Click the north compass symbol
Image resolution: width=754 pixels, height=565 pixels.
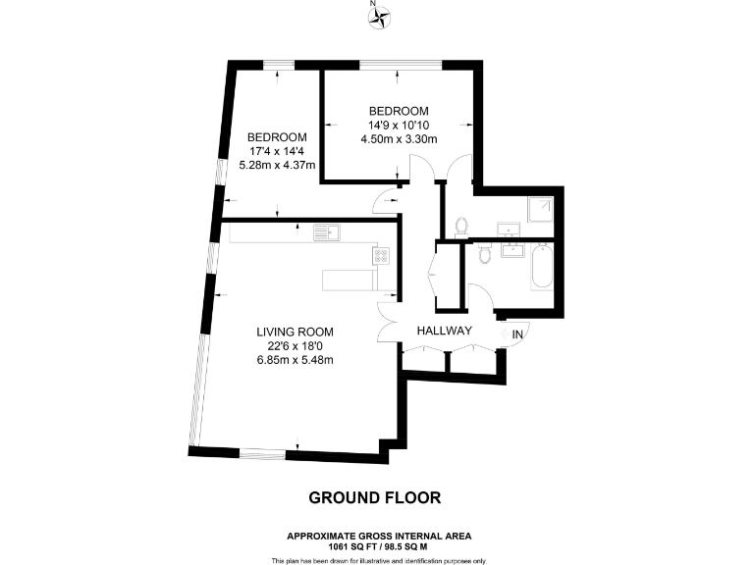tap(377, 15)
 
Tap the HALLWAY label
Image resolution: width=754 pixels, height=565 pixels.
tap(446, 332)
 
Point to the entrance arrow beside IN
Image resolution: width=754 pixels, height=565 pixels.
tap(506, 335)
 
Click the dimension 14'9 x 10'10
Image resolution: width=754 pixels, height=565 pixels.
tap(399, 125)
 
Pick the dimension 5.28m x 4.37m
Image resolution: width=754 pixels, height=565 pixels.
tap(276, 165)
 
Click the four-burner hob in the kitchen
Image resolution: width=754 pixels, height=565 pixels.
tap(381, 255)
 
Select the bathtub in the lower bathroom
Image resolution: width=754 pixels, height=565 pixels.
tap(542, 268)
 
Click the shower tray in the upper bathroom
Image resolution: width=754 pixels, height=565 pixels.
tap(540, 209)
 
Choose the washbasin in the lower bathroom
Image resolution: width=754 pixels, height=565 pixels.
tap(512, 250)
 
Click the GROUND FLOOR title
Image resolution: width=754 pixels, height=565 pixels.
tap(375, 498)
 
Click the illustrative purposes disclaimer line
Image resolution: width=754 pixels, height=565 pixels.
tap(379, 560)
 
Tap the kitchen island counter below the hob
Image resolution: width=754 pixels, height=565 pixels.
tap(349, 281)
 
